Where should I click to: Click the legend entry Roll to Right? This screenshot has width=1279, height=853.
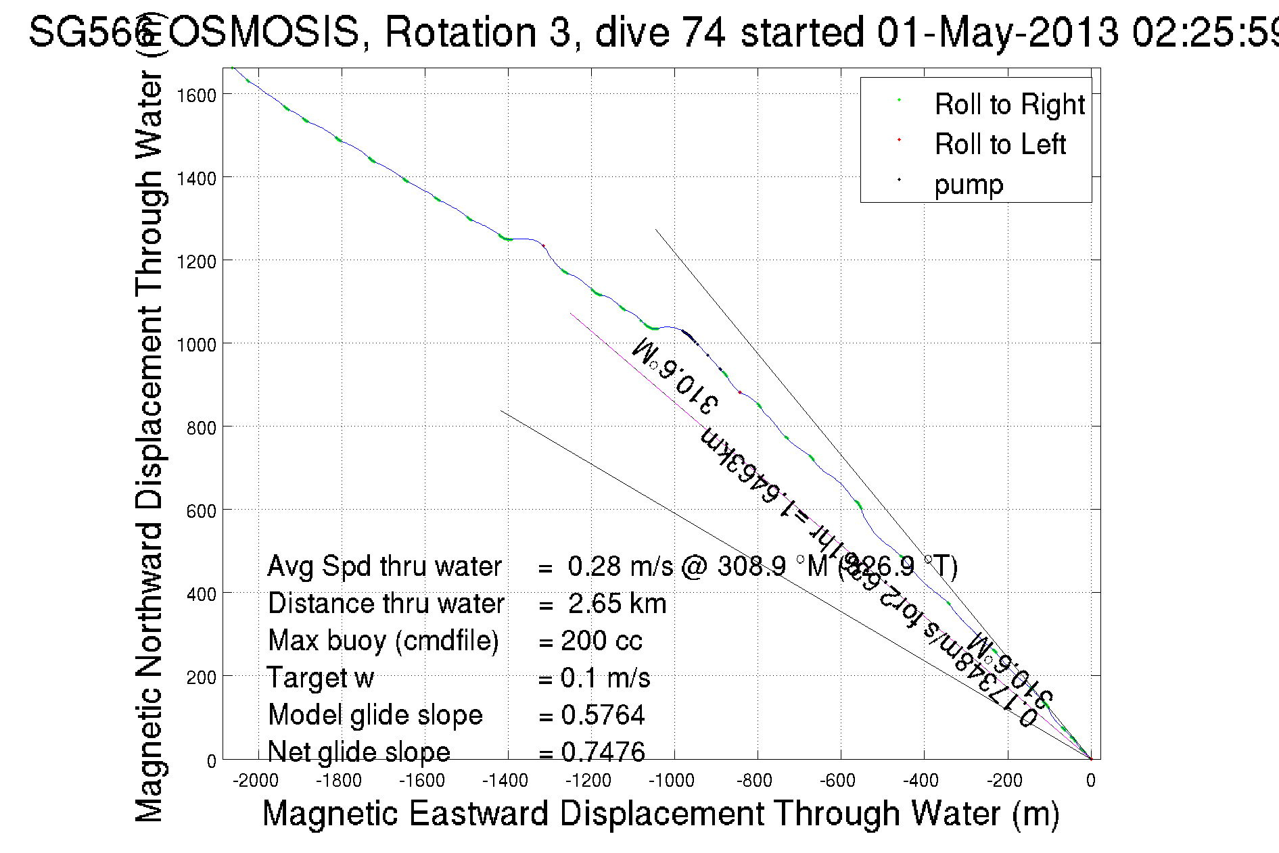tap(1008, 105)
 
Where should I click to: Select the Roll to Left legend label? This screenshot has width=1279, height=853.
tap(1000, 145)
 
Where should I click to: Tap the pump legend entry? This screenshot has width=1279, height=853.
tap(969, 185)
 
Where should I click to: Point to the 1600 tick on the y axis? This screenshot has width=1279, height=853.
tap(196, 95)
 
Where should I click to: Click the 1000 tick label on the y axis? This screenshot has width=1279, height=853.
tap(196, 345)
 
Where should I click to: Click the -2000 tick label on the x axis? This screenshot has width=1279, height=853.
tap(256, 781)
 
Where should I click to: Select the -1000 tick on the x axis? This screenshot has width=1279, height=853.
tap(672, 781)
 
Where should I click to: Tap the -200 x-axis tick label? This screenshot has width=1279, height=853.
tap(1004, 781)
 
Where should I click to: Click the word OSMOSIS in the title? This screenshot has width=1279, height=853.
tap(264, 32)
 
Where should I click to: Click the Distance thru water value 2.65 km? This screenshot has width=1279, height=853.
tap(617, 604)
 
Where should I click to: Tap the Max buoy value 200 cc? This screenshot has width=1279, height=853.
tap(601, 641)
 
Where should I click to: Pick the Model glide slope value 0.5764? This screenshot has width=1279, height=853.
tap(603, 715)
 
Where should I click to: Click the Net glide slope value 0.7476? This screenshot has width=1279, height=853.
tap(603, 752)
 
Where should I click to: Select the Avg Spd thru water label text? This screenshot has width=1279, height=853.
tap(384, 566)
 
